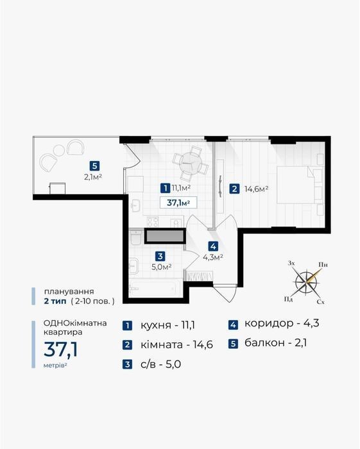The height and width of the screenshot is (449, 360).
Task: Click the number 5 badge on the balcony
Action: (x=94, y=166)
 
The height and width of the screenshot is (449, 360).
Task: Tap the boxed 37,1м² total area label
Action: (x=178, y=203)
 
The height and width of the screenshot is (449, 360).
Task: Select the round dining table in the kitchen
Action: (x=190, y=163)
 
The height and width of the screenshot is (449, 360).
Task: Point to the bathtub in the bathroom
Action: (x=155, y=287)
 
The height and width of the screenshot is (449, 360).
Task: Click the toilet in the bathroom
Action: (x=135, y=238)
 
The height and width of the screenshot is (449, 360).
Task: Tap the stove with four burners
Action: (x=153, y=222)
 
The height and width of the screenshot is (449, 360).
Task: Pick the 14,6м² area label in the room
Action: (x=256, y=189)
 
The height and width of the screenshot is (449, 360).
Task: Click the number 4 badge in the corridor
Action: (x=213, y=246)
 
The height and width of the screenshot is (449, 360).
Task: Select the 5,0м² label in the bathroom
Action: (x=162, y=267)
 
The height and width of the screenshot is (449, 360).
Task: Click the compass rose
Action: (x=307, y=282)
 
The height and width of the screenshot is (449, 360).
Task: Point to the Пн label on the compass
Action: (x=323, y=264)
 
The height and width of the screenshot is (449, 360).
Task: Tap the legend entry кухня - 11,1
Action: (x=167, y=326)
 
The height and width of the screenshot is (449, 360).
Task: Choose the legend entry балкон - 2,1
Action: (x=275, y=343)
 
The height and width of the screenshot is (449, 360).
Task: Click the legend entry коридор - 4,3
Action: (x=282, y=323)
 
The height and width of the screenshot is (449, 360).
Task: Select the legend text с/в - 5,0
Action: (x=160, y=364)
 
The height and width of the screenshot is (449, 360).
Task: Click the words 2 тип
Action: (x=55, y=301)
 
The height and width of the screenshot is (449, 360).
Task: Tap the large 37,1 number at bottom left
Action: (x=61, y=350)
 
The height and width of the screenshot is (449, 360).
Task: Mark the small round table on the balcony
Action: (x=59, y=150)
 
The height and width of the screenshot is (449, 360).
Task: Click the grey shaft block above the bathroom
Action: (x=164, y=236)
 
